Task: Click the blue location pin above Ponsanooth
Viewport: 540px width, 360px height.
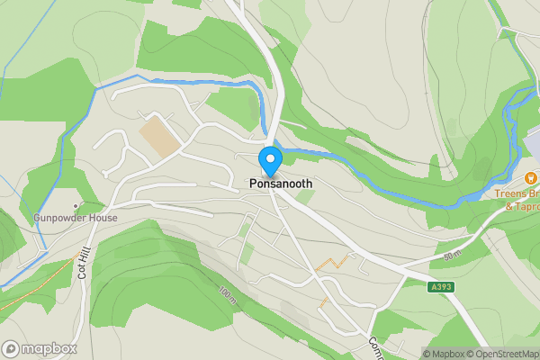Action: point(270,160)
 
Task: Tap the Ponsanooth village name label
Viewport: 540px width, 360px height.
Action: point(281,184)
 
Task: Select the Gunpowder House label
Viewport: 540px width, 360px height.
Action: point(76,218)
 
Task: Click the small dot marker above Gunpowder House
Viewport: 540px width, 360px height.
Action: point(76,206)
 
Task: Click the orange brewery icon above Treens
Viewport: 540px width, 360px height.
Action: point(531,179)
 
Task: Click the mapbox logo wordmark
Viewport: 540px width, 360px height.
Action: point(49,348)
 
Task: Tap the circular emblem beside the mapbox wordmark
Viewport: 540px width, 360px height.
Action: point(11,348)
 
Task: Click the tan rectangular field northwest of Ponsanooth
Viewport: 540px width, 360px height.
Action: point(158,134)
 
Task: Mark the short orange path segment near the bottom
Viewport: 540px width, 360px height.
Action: point(322,303)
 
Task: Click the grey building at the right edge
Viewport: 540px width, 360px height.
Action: point(533,144)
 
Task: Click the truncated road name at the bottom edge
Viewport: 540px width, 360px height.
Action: point(376,348)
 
